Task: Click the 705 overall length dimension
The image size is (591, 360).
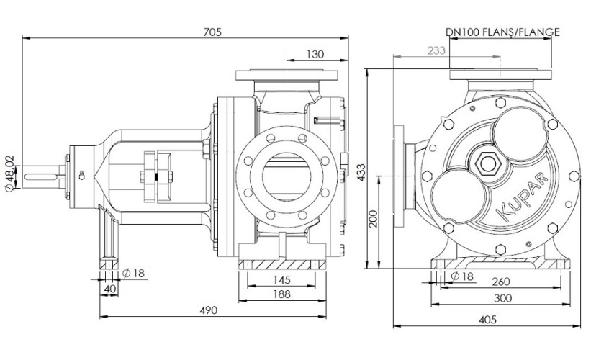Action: (x=212, y=32)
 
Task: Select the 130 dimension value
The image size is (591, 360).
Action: (x=314, y=54)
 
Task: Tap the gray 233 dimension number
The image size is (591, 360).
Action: (x=436, y=50)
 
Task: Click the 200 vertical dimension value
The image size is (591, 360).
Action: (x=373, y=219)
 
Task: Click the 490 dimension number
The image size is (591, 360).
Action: (x=207, y=310)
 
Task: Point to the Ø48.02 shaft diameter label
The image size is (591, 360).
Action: (x=9, y=174)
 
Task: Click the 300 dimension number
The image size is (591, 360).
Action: (x=503, y=297)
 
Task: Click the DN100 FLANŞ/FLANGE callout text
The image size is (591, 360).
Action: (x=502, y=32)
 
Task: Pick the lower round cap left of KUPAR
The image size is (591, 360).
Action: (x=458, y=194)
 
